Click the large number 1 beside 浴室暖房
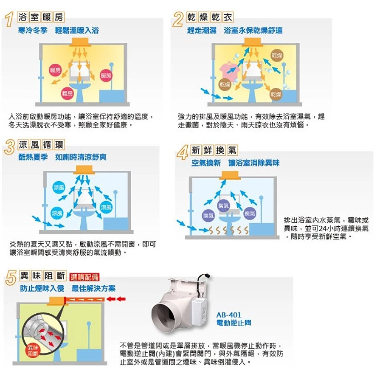pyautogui.click(x=9, y=19)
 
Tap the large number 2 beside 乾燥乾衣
pyautogui.click(x=178, y=19)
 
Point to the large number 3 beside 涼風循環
pyautogui.click(x=10, y=147)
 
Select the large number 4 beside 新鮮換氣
pyautogui.click(x=183, y=152)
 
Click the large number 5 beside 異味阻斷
pyautogui.click(x=11, y=277)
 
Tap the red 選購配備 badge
pyautogui.click(x=84, y=277)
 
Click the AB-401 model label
pyautogui.click(x=228, y=315)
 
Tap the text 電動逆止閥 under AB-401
pyautogui.click(x=234, y=323)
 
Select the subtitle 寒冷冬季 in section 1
pyautogui.click(x=33, y=31)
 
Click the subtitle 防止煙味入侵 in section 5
pyautogui.click(x=42, y=288)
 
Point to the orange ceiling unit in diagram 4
pyautogui.click(x=230, y=175)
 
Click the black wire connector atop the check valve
pyautogui.click(x=206, y=276)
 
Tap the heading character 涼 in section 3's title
pyautogui.click(x=23, y=145)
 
